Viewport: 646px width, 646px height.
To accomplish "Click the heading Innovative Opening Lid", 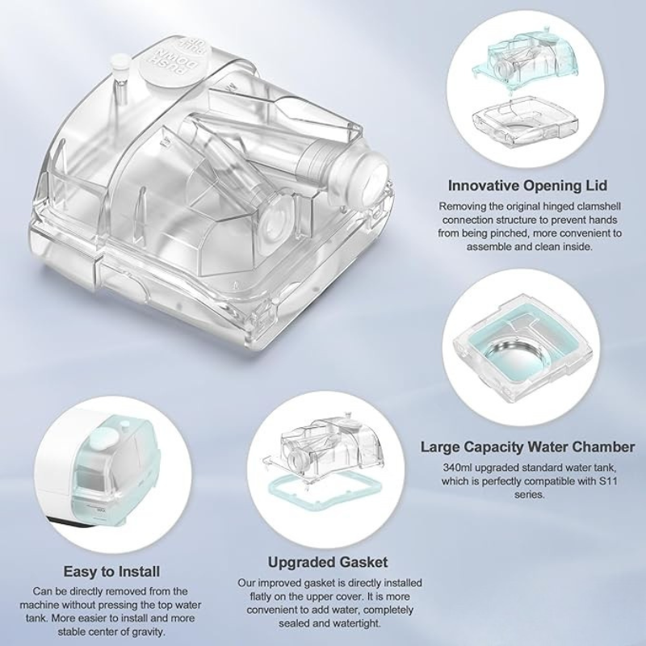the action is click(527, 186).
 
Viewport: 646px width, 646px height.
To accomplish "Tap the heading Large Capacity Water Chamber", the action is click(527, 447).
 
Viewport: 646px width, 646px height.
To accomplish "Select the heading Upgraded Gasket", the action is click(328, 562).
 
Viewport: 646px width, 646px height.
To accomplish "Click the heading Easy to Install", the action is click(111, 572).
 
